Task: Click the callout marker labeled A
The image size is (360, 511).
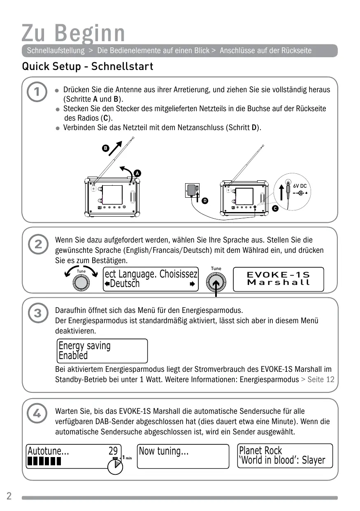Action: click(137, 173)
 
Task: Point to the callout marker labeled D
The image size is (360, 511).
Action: click(204, 201)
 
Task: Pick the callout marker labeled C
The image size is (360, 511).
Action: click(274, 209)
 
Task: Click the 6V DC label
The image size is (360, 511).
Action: click(300, 186)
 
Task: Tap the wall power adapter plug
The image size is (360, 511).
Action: click(192, 191)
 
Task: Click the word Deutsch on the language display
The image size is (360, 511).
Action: click(124, 284)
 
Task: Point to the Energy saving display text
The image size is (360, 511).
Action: click(85, 345)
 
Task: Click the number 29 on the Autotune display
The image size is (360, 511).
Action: click(113, 451)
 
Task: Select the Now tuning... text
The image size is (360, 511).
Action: click(164, 451)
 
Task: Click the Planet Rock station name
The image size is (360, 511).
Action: click(260, 450)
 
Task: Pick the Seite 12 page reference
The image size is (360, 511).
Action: click(321, 379)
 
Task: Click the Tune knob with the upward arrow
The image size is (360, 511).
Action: click(216, 282)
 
